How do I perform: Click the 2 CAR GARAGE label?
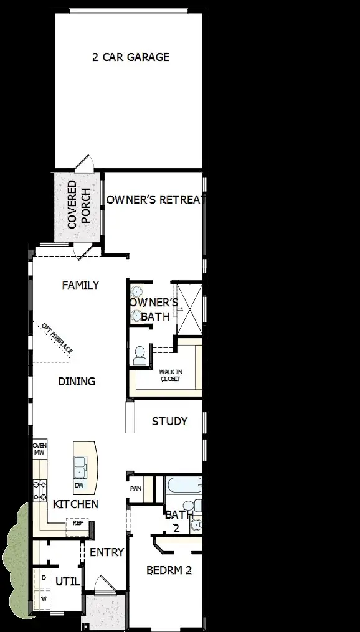pos(130,57)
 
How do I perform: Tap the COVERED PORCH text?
pos(80,204)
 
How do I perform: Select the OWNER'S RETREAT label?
pos(156,200)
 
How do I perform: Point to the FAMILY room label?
pos(81,285)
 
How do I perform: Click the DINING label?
pos(77,381)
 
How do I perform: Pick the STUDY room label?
pos(169,422)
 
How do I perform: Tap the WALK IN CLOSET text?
pos(170,375)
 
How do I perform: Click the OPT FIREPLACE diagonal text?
pos(57,339)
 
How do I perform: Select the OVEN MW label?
pos(39,450)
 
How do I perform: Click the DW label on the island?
pos(80,484)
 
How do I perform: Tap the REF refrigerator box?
pos(77,523)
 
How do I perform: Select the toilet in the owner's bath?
pos(139,356)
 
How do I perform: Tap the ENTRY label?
pos(107,552)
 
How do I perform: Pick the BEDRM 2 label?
pos(169,570)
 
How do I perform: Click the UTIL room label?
pos(67,581)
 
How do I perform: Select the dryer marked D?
pos(43,578)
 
